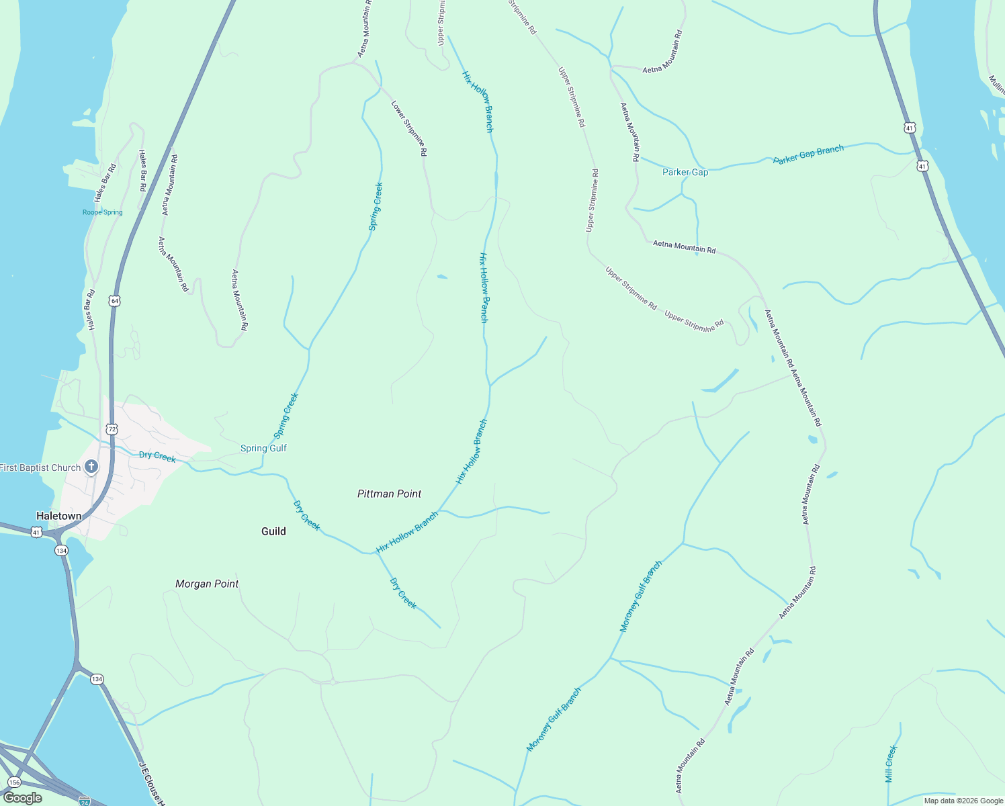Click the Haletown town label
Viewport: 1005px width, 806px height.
59,516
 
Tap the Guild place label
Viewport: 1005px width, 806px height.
273,531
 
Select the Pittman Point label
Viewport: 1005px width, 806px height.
389,494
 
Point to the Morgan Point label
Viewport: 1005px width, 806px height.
207,584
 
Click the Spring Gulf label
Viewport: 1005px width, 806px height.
263,448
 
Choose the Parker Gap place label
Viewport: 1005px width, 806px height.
685,172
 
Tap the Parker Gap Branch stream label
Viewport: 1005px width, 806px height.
808,154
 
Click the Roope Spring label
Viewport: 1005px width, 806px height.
102,212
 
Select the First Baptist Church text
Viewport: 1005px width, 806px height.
40,467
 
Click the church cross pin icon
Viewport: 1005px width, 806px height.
91,466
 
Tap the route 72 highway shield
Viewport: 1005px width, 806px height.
112,429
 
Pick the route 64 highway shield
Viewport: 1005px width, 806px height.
115,301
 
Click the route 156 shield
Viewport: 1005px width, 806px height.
15,782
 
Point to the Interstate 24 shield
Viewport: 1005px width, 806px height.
85,801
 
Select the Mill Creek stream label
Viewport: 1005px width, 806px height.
891,764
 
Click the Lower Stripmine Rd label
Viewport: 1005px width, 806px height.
409,128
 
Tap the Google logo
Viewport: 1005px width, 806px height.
23,798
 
